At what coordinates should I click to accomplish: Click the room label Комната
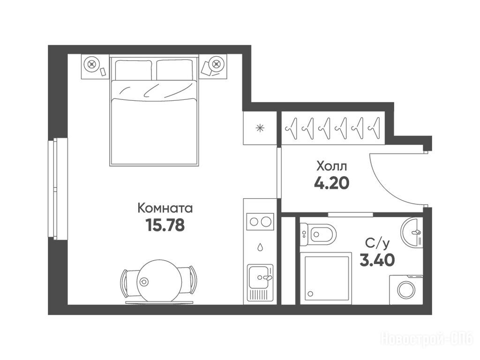pyautogui.click(x=165, y=208)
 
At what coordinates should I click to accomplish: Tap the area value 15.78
pyautogui.click(x=165, y=225)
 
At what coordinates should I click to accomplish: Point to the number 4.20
pyautogui.click(x=331, y=183)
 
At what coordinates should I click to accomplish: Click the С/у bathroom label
pyautogui.click(x=377, y=244)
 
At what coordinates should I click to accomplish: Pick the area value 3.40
pyautogui.click(x=377, y=261)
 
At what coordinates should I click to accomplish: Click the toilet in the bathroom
pyautogui.click(x=318, y=234)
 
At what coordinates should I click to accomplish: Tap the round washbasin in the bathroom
pyautogui.click(x=412, y=232)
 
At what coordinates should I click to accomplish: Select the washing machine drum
pyautogui.click(x=406, y=289)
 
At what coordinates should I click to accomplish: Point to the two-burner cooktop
pyautogui.click(x=260, y=221)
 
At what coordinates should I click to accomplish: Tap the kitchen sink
pyautogui.click(x=260, y=277)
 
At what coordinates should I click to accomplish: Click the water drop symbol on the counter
pyautogui.click(x=260, y=247)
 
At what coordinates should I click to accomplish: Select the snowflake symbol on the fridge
pyautogui.click(x=260, y=128)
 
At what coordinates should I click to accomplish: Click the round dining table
pyautogui.click(x=159, y=281)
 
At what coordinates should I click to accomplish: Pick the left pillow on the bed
pyautogui.click(x=134, y=70)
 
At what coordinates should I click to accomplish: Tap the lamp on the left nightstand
pyautogui.click(x=91, y=64)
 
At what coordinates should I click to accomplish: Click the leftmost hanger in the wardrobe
pyautogui.click(x=292, y=128)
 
